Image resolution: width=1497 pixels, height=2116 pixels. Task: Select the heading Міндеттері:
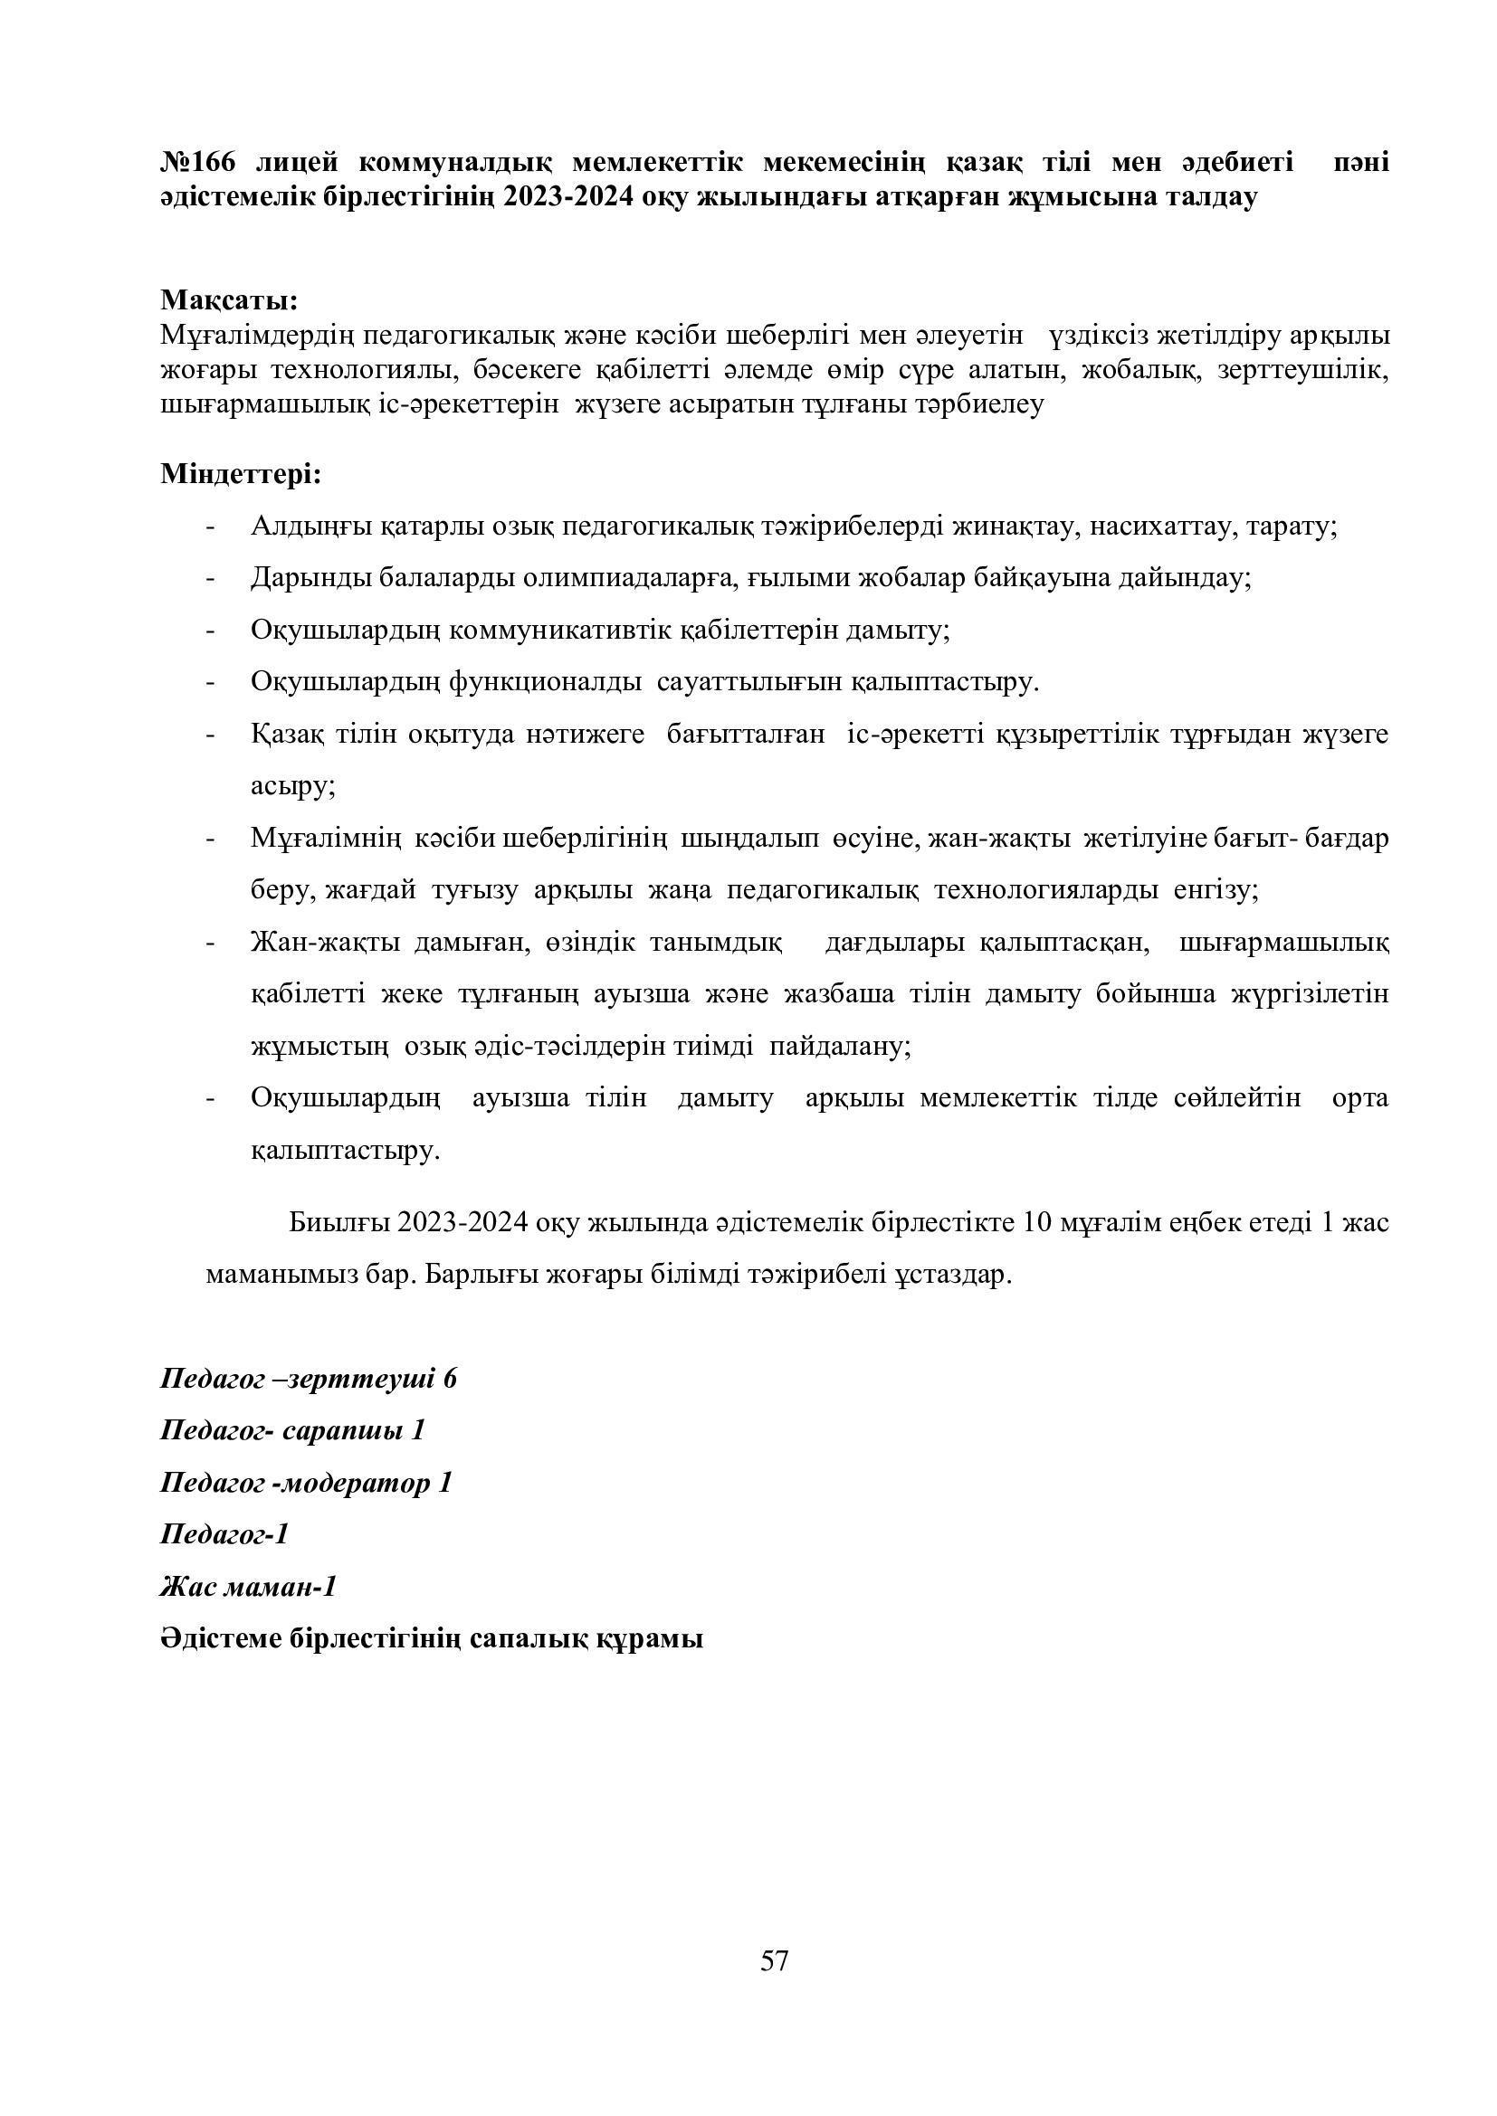click(x=241, y=475)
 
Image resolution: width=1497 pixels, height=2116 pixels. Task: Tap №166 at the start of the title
click(x=198, y=162)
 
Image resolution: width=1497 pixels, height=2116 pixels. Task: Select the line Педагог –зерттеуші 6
click(x=309, y=1380)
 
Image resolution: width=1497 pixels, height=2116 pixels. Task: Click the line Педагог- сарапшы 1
click(x=292, y=1431)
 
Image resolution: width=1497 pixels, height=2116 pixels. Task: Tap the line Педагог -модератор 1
click(x=306, y=1483)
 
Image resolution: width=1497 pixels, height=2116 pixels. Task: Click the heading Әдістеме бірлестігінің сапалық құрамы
click(x=432, y=1639)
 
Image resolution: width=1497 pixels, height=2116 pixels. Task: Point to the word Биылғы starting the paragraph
click(x=339, y=1223)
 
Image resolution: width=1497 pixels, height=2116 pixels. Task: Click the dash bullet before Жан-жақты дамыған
click(x=211, y=944)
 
